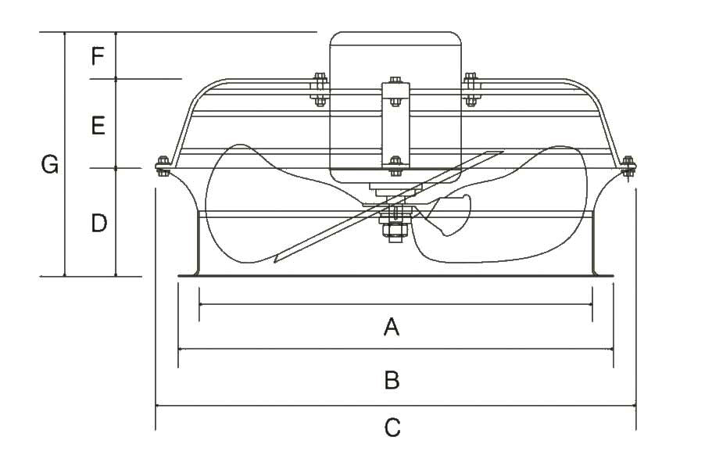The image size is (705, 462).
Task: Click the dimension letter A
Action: point(392,326)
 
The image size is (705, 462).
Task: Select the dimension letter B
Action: point(392,380)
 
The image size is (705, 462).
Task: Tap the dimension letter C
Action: point(392,428)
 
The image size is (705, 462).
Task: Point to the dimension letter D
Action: point(98,224)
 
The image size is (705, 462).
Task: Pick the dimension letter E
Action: point(98,125)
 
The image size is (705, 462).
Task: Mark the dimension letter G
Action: point(50,165)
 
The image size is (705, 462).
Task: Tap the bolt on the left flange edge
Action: point(162,166)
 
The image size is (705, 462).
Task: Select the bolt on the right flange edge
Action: point(628,166)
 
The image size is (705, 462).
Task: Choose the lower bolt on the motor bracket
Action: point(395,162)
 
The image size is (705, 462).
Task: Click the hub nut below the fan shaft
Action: point(392,231)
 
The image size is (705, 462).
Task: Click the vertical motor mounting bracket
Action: point(395,125)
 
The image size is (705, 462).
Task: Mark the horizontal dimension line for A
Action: point(313,304)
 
